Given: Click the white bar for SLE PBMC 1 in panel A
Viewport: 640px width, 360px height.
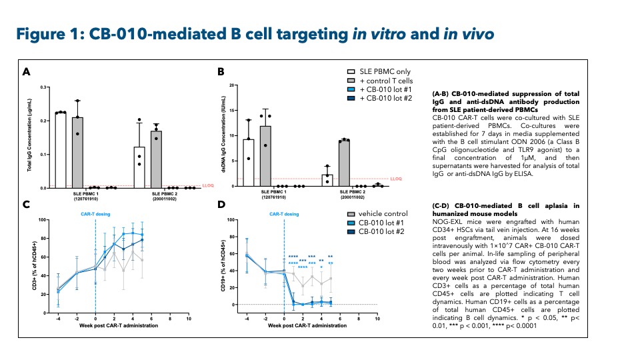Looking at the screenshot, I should click(61, 150).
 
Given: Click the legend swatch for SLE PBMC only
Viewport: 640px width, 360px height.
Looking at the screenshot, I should click(350, 71).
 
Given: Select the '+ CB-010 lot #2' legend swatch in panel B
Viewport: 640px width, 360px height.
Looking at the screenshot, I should click(350, 98).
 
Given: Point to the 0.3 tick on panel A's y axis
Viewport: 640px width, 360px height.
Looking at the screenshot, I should click(44, 87).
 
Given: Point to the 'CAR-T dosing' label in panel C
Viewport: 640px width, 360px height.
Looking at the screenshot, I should click(96, 214).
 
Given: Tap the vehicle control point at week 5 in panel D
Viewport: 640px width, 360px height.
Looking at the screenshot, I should click(330, 279).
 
